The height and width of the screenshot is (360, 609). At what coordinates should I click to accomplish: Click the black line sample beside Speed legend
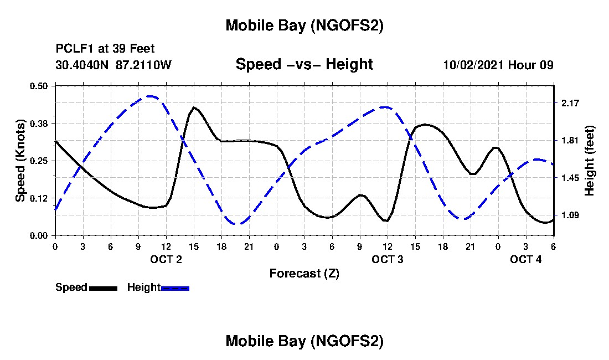[x=103, y=288]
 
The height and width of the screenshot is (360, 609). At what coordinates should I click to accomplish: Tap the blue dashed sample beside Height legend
[x=175, y=288]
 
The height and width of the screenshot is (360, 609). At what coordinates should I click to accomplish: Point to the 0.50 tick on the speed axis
[x=40, y=86]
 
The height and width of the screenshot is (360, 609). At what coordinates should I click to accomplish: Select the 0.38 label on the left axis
[x=40, y=123]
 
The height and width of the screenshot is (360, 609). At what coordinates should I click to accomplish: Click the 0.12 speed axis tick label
[x=40, y=198]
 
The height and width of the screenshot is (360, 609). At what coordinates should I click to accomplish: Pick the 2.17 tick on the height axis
[x=570, y=104]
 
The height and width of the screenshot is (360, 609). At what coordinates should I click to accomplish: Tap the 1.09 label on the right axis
[x=570, y=215]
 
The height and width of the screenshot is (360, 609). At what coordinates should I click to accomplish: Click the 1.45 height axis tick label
[x=570, y=178]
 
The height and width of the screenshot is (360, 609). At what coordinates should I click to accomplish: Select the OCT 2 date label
[x=166, y=259]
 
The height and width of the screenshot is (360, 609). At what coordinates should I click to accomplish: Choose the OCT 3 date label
[x=388, y=259]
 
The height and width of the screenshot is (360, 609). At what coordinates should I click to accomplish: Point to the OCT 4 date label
[x=526, y=259]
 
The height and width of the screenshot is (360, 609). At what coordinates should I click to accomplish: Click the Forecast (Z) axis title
[x=304, y=274]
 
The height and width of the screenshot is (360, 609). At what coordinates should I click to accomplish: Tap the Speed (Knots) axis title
[x=20, y=160]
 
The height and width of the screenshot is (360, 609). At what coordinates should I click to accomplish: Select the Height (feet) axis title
[x=590, y=160]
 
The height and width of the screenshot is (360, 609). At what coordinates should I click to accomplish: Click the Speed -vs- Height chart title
[x=304, y=65]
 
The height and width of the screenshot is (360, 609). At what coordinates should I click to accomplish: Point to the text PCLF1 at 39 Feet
[x=105, y=49]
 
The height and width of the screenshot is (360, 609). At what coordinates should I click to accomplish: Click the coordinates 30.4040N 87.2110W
[x=113, y=65]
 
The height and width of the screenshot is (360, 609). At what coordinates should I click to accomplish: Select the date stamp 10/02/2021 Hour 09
[x=498, y=65]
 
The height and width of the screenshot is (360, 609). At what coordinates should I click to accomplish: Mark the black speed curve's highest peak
[x=194, y=107]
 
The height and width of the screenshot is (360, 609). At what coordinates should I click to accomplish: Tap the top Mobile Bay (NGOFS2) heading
[x=304, y=26]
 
